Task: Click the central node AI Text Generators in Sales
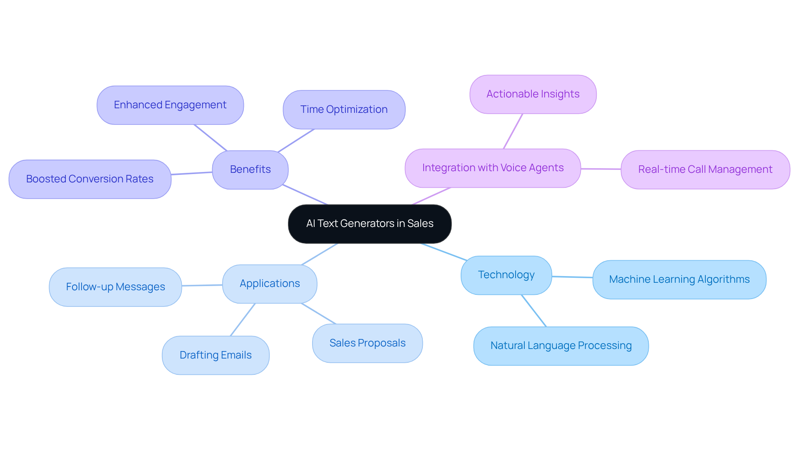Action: [370, 224]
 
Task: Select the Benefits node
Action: [250, 169]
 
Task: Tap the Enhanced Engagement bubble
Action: [170, 105]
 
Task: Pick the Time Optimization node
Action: [344, 110]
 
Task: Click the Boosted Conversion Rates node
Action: [90, 179]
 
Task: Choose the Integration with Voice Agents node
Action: [493, 168]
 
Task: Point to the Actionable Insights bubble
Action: [533, 94]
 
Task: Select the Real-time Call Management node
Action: [705, 169]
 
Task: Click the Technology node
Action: [506, 275]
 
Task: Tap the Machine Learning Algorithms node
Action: [679, 279]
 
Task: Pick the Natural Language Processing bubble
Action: [561, 346]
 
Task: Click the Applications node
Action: [270, 284]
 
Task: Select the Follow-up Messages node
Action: [115, 287]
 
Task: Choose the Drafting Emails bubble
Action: [216, 355]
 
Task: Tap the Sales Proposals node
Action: [367, 343]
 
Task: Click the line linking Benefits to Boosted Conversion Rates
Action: [192, 173]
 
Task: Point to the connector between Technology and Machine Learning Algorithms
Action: [572, 277]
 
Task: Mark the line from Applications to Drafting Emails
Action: [243, 319]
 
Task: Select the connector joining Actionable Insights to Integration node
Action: [513, 131]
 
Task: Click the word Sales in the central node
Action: [420, 224]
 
